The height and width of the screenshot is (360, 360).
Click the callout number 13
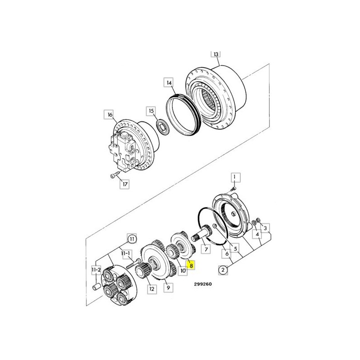pos(216,54)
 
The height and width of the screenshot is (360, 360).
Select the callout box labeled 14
pos(169,83)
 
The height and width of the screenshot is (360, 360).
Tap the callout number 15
pos(151,111)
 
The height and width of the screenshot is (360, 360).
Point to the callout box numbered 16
pos(110,115)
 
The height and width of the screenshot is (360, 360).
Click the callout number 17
pos(125,184)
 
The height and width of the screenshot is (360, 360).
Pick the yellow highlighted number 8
pos(191,265)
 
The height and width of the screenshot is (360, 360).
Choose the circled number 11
pos(132,239)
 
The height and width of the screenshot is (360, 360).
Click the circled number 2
pos(223,270)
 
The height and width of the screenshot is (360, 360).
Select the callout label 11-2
pos(96,270)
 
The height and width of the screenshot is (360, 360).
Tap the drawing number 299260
pos(203,284)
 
